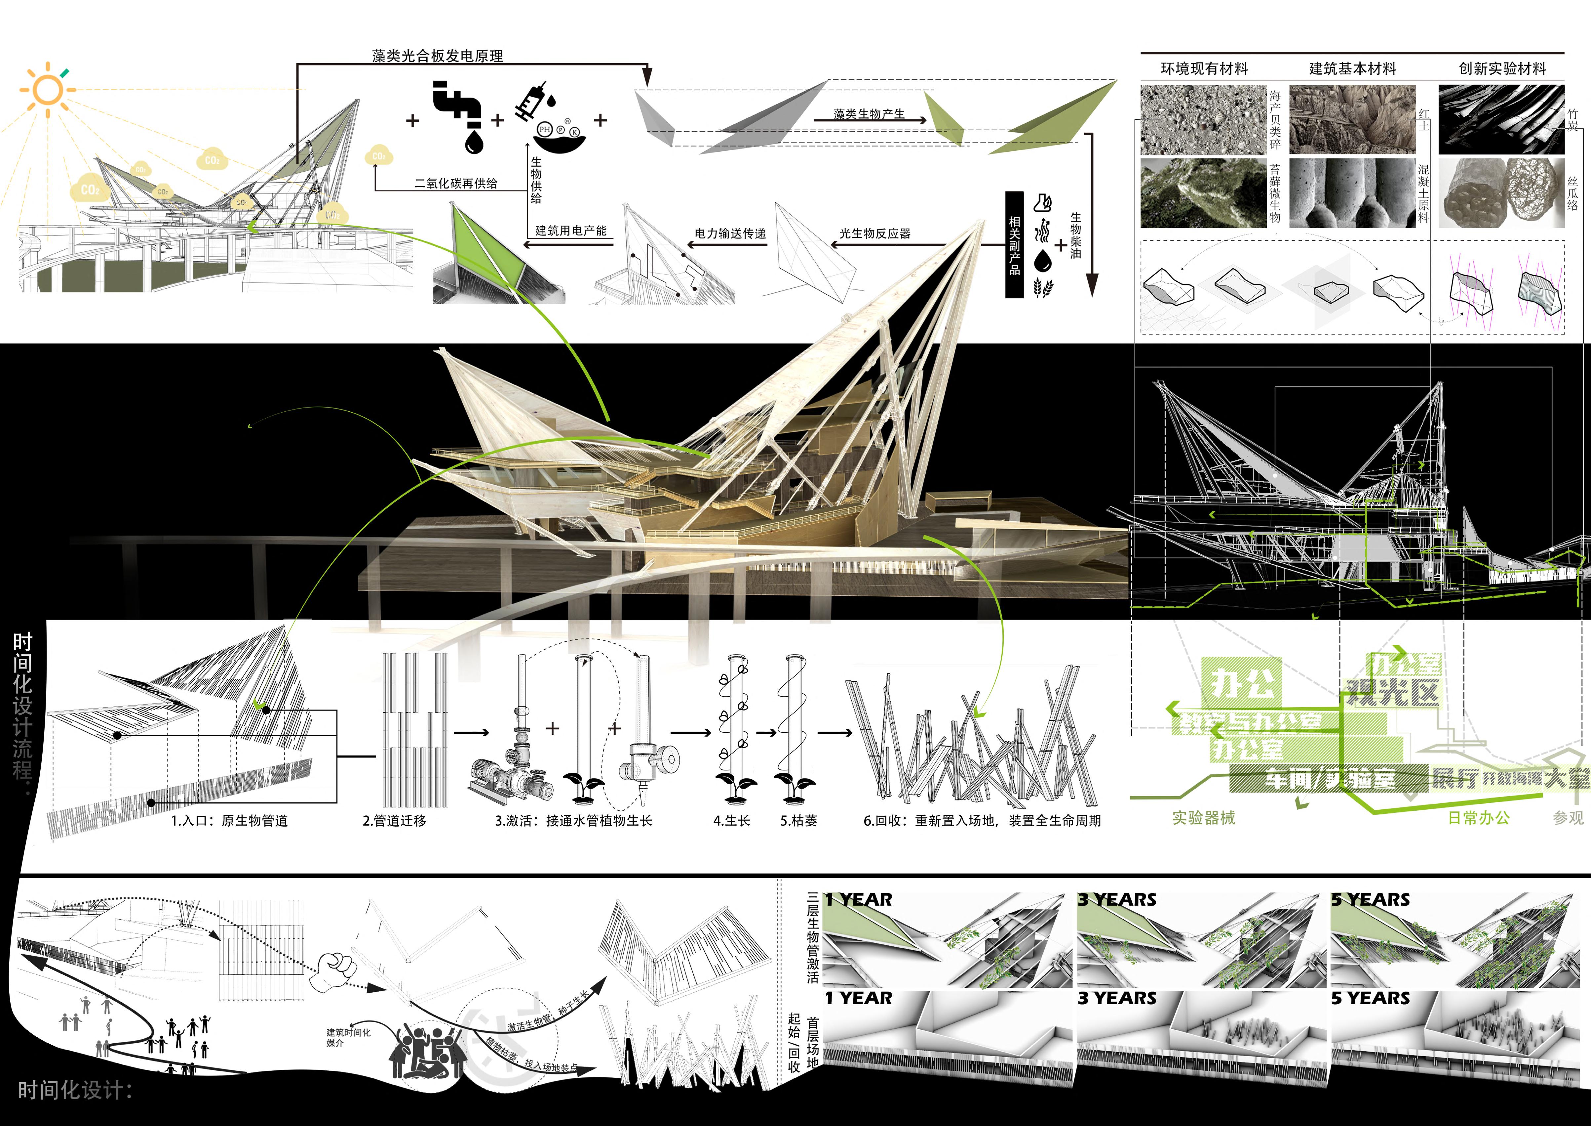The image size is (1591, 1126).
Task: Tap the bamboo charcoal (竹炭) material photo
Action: tap(1501, 119)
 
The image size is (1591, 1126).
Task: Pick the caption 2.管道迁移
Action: tap(394, 820)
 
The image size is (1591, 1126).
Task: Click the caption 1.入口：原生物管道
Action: tap(229, 820)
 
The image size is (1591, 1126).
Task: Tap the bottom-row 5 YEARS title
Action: tap(1370, 998)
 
